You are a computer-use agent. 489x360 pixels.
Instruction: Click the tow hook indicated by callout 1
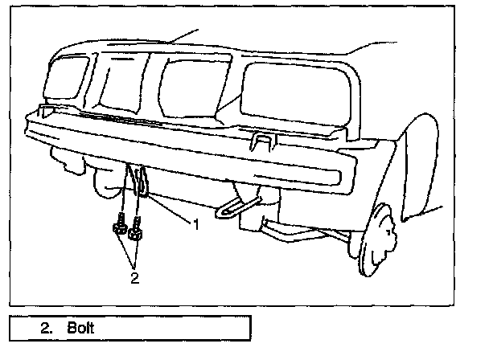142,183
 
